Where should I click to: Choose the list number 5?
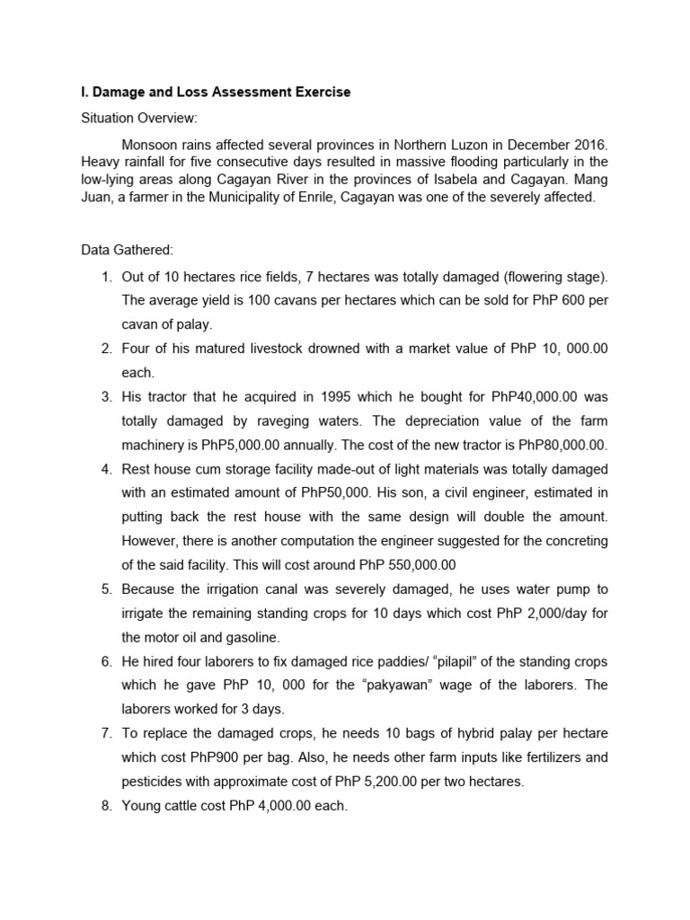(x=105, y=589)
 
